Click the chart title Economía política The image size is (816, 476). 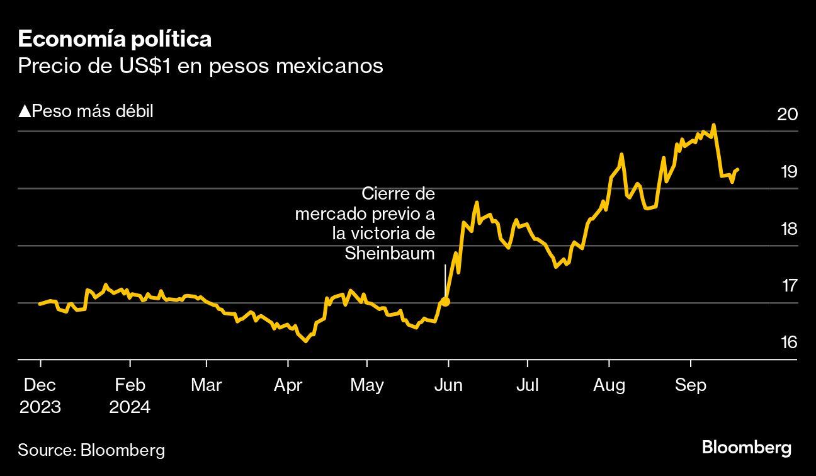115,40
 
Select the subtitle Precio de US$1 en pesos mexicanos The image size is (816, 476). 200,65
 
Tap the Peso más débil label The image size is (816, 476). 86,111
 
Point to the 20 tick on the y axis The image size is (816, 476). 788,115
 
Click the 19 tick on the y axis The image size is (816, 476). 788,171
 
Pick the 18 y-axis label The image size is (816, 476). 788,229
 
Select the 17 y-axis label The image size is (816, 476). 789,285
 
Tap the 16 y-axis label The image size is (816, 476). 788,343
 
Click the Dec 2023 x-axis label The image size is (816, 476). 40,395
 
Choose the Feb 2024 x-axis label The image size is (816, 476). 130,395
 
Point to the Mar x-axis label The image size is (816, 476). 206,385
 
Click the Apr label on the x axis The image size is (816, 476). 288,385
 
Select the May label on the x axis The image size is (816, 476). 366,385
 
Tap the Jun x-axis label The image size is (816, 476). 448,385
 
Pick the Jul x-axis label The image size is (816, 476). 527,385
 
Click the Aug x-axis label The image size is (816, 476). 609,385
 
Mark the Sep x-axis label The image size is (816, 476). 691,385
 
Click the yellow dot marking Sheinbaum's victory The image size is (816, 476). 445,302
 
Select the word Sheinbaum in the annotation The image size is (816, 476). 390,254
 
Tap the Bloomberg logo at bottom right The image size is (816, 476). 746,448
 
